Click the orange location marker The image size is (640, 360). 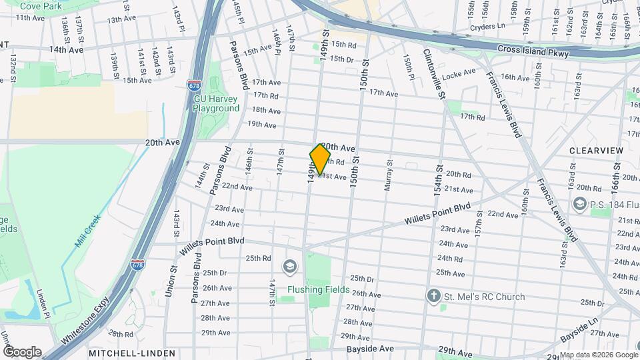coord(320,159)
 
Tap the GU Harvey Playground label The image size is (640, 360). coord(216,103)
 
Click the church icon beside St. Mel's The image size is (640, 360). coord(434,296)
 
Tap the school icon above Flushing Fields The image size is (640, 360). coord(289,267)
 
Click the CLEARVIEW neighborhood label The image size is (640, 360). coord(597,151)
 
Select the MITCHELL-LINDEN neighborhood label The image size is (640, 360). coord(131,353)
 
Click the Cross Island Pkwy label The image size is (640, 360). coord(533,51)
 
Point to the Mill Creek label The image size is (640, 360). coord(87,230)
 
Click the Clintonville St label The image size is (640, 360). coord(434,74)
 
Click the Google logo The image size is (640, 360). coord(21,352)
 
